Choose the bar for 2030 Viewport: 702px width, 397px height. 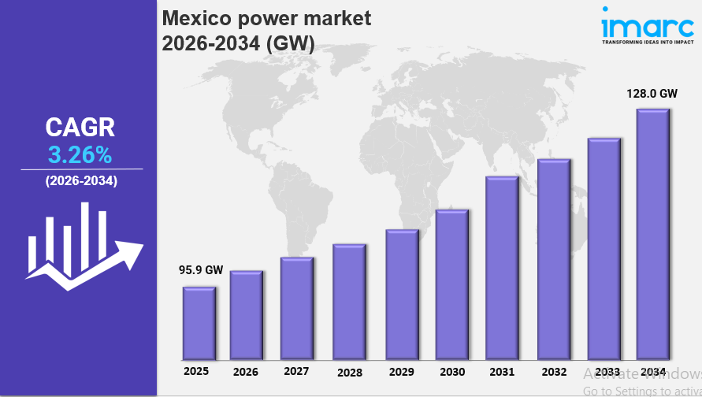[451, 284]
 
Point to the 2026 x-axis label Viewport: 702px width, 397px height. [246, 372]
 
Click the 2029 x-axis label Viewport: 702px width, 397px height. [401, 372]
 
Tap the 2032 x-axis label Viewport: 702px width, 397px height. [554, 372]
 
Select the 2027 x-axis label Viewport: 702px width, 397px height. [296, 371]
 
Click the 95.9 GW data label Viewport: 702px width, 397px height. [201, 269]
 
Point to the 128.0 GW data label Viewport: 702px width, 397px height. [652, 93]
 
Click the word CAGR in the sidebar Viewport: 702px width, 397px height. [80, 127]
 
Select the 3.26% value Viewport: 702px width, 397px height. [81, 153]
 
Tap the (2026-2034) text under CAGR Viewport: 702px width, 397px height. [81, 181]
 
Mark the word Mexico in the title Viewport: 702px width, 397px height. [194, 18]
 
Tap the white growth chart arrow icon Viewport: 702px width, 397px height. [83, 246]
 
